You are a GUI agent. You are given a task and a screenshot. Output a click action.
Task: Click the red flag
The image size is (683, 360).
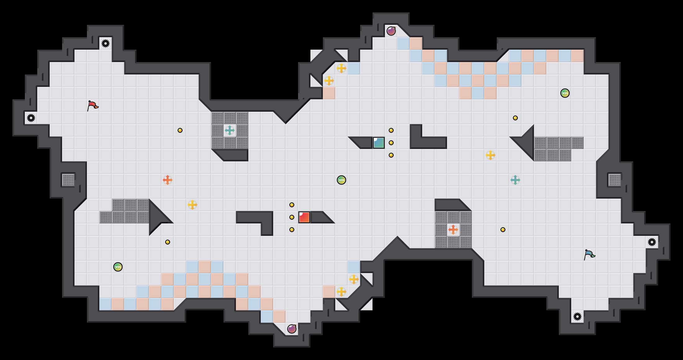pos(93,106)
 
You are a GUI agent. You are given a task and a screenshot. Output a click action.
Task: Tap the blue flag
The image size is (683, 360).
pos(589,254)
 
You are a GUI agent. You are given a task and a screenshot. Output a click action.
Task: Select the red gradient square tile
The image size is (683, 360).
pos(304,217)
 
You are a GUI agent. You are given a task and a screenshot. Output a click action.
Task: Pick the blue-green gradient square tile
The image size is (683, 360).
pos(379,143)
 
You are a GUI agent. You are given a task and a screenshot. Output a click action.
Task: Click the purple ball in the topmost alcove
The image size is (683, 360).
pos(391,31)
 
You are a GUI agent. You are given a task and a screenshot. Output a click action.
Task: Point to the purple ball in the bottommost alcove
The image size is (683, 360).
pos(292,329)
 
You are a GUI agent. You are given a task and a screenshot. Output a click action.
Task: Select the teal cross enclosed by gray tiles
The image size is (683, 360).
pos(230,130)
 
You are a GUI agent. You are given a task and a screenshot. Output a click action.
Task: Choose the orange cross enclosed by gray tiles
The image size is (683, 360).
pos(453,230)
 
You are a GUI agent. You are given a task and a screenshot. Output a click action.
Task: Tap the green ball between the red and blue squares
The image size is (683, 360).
pos(341,180)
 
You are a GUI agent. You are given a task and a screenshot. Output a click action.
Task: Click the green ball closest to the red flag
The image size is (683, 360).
pos(118,267)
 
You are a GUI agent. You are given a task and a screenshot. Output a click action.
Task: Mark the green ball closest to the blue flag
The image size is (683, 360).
pos(565,93)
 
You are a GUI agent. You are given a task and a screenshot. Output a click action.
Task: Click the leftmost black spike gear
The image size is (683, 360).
pos(31,118)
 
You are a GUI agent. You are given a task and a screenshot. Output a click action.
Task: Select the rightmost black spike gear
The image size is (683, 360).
pos(652,242)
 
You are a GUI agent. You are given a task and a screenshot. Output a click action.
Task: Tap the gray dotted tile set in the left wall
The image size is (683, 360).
pos(68,180)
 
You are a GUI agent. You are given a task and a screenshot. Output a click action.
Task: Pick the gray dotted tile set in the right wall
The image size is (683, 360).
pos(615,180)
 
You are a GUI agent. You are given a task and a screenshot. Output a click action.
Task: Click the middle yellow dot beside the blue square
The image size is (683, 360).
pos(391,143)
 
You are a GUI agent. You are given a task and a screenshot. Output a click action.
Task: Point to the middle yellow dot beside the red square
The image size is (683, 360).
pos(292,217)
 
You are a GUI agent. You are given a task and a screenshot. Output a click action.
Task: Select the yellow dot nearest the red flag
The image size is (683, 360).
pos(180,130)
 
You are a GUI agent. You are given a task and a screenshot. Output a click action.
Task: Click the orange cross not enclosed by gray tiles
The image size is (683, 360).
pos(168,180)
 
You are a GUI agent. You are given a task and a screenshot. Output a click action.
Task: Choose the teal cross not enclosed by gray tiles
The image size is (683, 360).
pos(515,180)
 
